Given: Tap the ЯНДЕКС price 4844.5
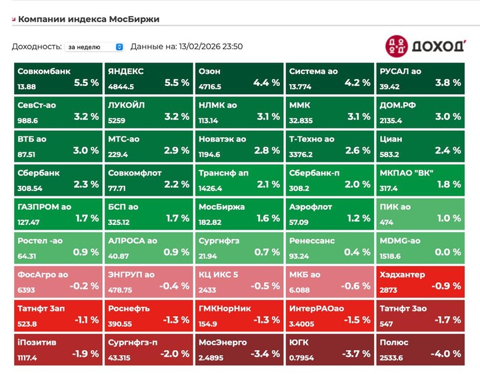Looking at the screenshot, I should (121, 87).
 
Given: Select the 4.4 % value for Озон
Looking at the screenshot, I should (267, 83).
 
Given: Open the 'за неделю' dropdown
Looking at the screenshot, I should (94, 47).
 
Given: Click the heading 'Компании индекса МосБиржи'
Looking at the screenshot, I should (89, 19).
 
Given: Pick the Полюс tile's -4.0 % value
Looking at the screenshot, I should (446, 353).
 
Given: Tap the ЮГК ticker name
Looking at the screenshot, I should (299, 342).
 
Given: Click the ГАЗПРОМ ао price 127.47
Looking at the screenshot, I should (29, 222).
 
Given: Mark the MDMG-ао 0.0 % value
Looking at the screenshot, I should (448, 252).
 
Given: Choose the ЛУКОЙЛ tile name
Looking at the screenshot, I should (126, 105).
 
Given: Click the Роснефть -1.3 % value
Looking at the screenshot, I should (176, 319).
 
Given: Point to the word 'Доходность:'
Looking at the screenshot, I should (35, 47).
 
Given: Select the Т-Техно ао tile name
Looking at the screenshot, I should (311, 139).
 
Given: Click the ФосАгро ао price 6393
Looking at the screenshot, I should (27, 290).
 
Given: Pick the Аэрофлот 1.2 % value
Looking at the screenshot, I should (357, 218).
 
